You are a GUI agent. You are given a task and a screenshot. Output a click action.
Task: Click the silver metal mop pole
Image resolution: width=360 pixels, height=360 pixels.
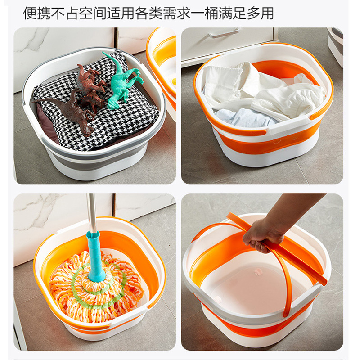coord(91,211)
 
